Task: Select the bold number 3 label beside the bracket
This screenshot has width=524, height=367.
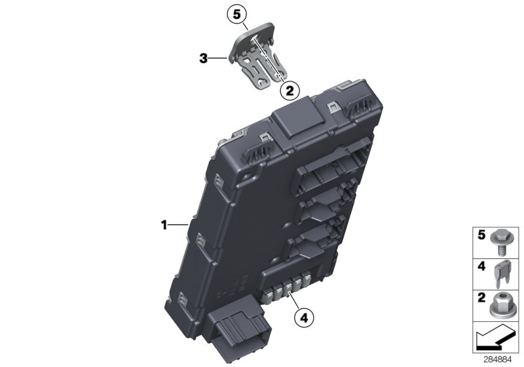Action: [204, 59]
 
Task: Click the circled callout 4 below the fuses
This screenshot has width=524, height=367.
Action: [304, 318]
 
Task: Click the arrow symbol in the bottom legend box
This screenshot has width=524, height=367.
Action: [496, 338]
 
